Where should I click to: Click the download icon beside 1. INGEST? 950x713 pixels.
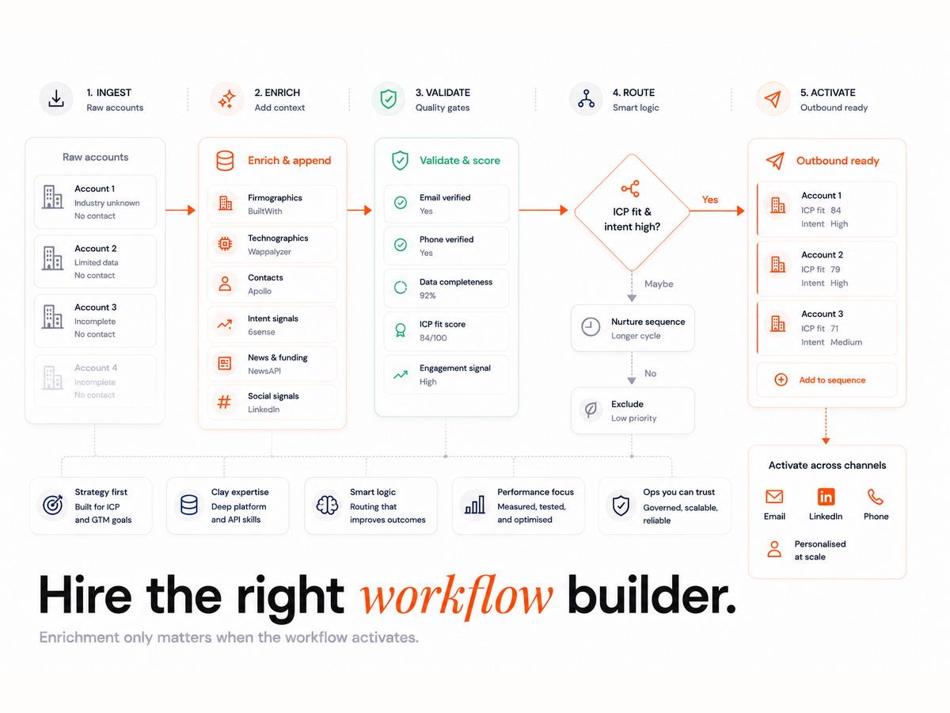click(x=56, y=99)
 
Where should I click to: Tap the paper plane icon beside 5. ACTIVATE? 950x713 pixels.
click(x=773, y=99)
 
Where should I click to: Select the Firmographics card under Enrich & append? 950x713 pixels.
click(x=272, y=204)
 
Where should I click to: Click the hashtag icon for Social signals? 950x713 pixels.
click(x=224, y=402)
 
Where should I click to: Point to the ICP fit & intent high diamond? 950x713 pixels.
click(x=632, y=212)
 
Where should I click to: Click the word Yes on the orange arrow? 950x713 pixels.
click(x=710, y=200)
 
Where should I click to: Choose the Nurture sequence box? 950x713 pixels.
click(x=633, y=328)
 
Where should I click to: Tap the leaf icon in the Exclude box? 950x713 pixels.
click(x=591, y=410)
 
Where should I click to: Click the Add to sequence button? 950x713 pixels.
click(x=826, y=379)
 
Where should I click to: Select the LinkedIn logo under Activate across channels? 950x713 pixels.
click(x=826, y=497)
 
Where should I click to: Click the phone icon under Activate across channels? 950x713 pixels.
click(x=875, y=497)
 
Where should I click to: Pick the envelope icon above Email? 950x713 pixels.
click(x=773, y=497)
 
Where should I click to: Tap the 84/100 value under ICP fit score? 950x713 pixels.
click(x=433, y=337)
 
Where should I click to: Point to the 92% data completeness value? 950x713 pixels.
click(x=427, y=295)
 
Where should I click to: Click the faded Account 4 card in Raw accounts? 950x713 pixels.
click(x=95, y=381)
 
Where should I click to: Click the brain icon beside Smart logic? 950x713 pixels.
click(x=327, y=505)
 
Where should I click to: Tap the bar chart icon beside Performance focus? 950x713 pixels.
click(x=474, y=505)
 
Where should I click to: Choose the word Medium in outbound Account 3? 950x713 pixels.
click(x=846, y=342)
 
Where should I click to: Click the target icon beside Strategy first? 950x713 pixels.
click(x=53, y=505)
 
